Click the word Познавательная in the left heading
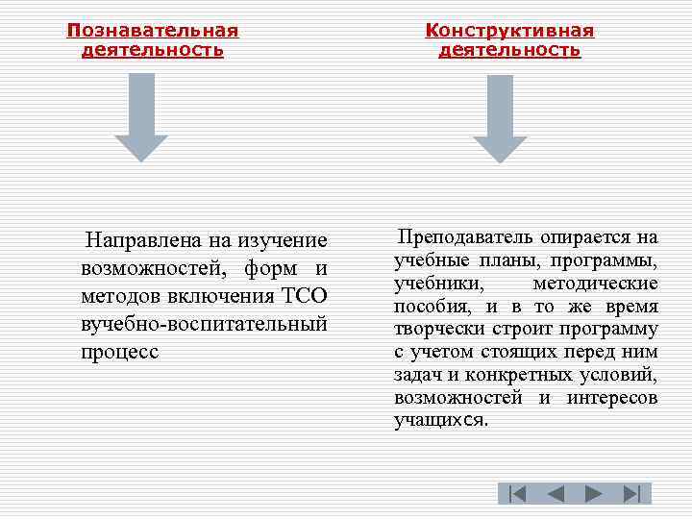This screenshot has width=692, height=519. pos(153,31)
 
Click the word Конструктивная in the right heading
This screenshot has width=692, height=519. pos(509,31)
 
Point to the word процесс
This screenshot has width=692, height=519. pos(120,351)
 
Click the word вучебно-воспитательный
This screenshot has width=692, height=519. pos(205,323)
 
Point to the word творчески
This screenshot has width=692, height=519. pos(439,329)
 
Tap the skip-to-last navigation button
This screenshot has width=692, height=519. pos(631,494)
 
